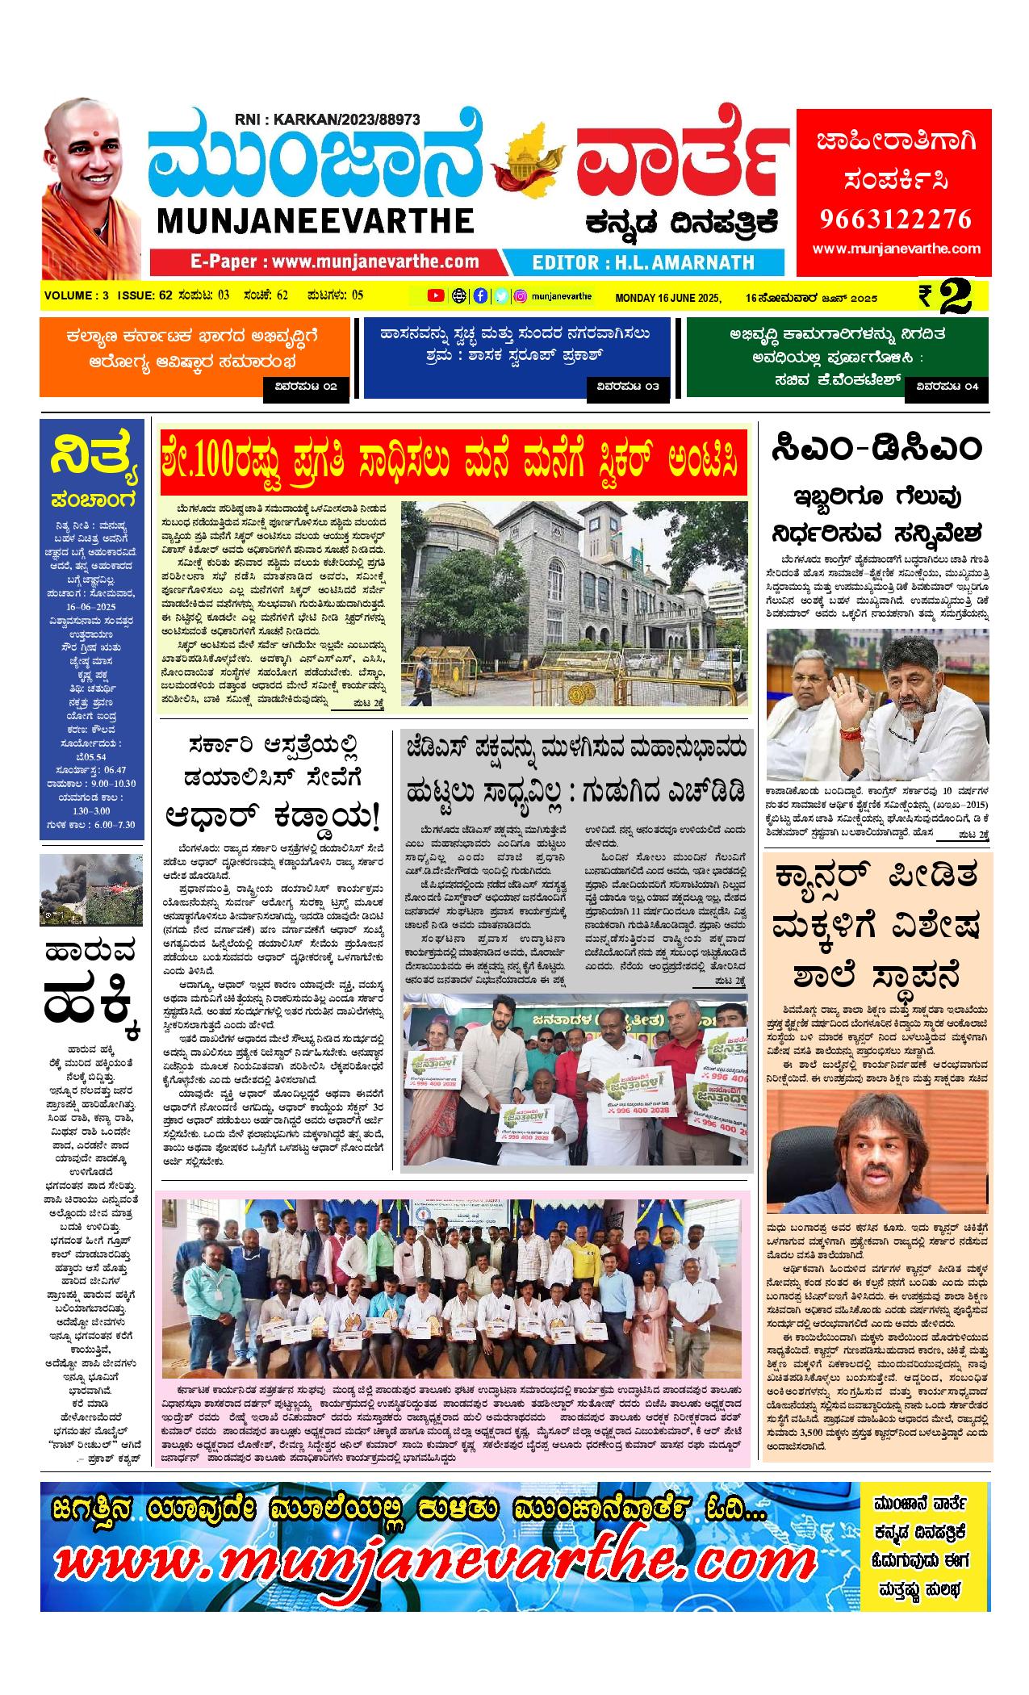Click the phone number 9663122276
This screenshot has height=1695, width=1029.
pos(895,219)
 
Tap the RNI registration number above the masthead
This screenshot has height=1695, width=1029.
pos(327,119)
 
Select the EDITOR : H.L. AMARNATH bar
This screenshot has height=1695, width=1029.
pos(643,262)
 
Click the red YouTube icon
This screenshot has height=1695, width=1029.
pos(436,296)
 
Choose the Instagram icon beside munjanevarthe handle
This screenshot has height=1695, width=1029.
pos(521,296)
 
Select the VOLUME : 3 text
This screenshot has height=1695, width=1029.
pos(77,295)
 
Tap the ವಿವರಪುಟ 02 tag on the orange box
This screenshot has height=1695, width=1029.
pos(307,387)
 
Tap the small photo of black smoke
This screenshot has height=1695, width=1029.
pos(91,889)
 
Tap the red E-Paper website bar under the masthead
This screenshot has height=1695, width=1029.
pos(326,262)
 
